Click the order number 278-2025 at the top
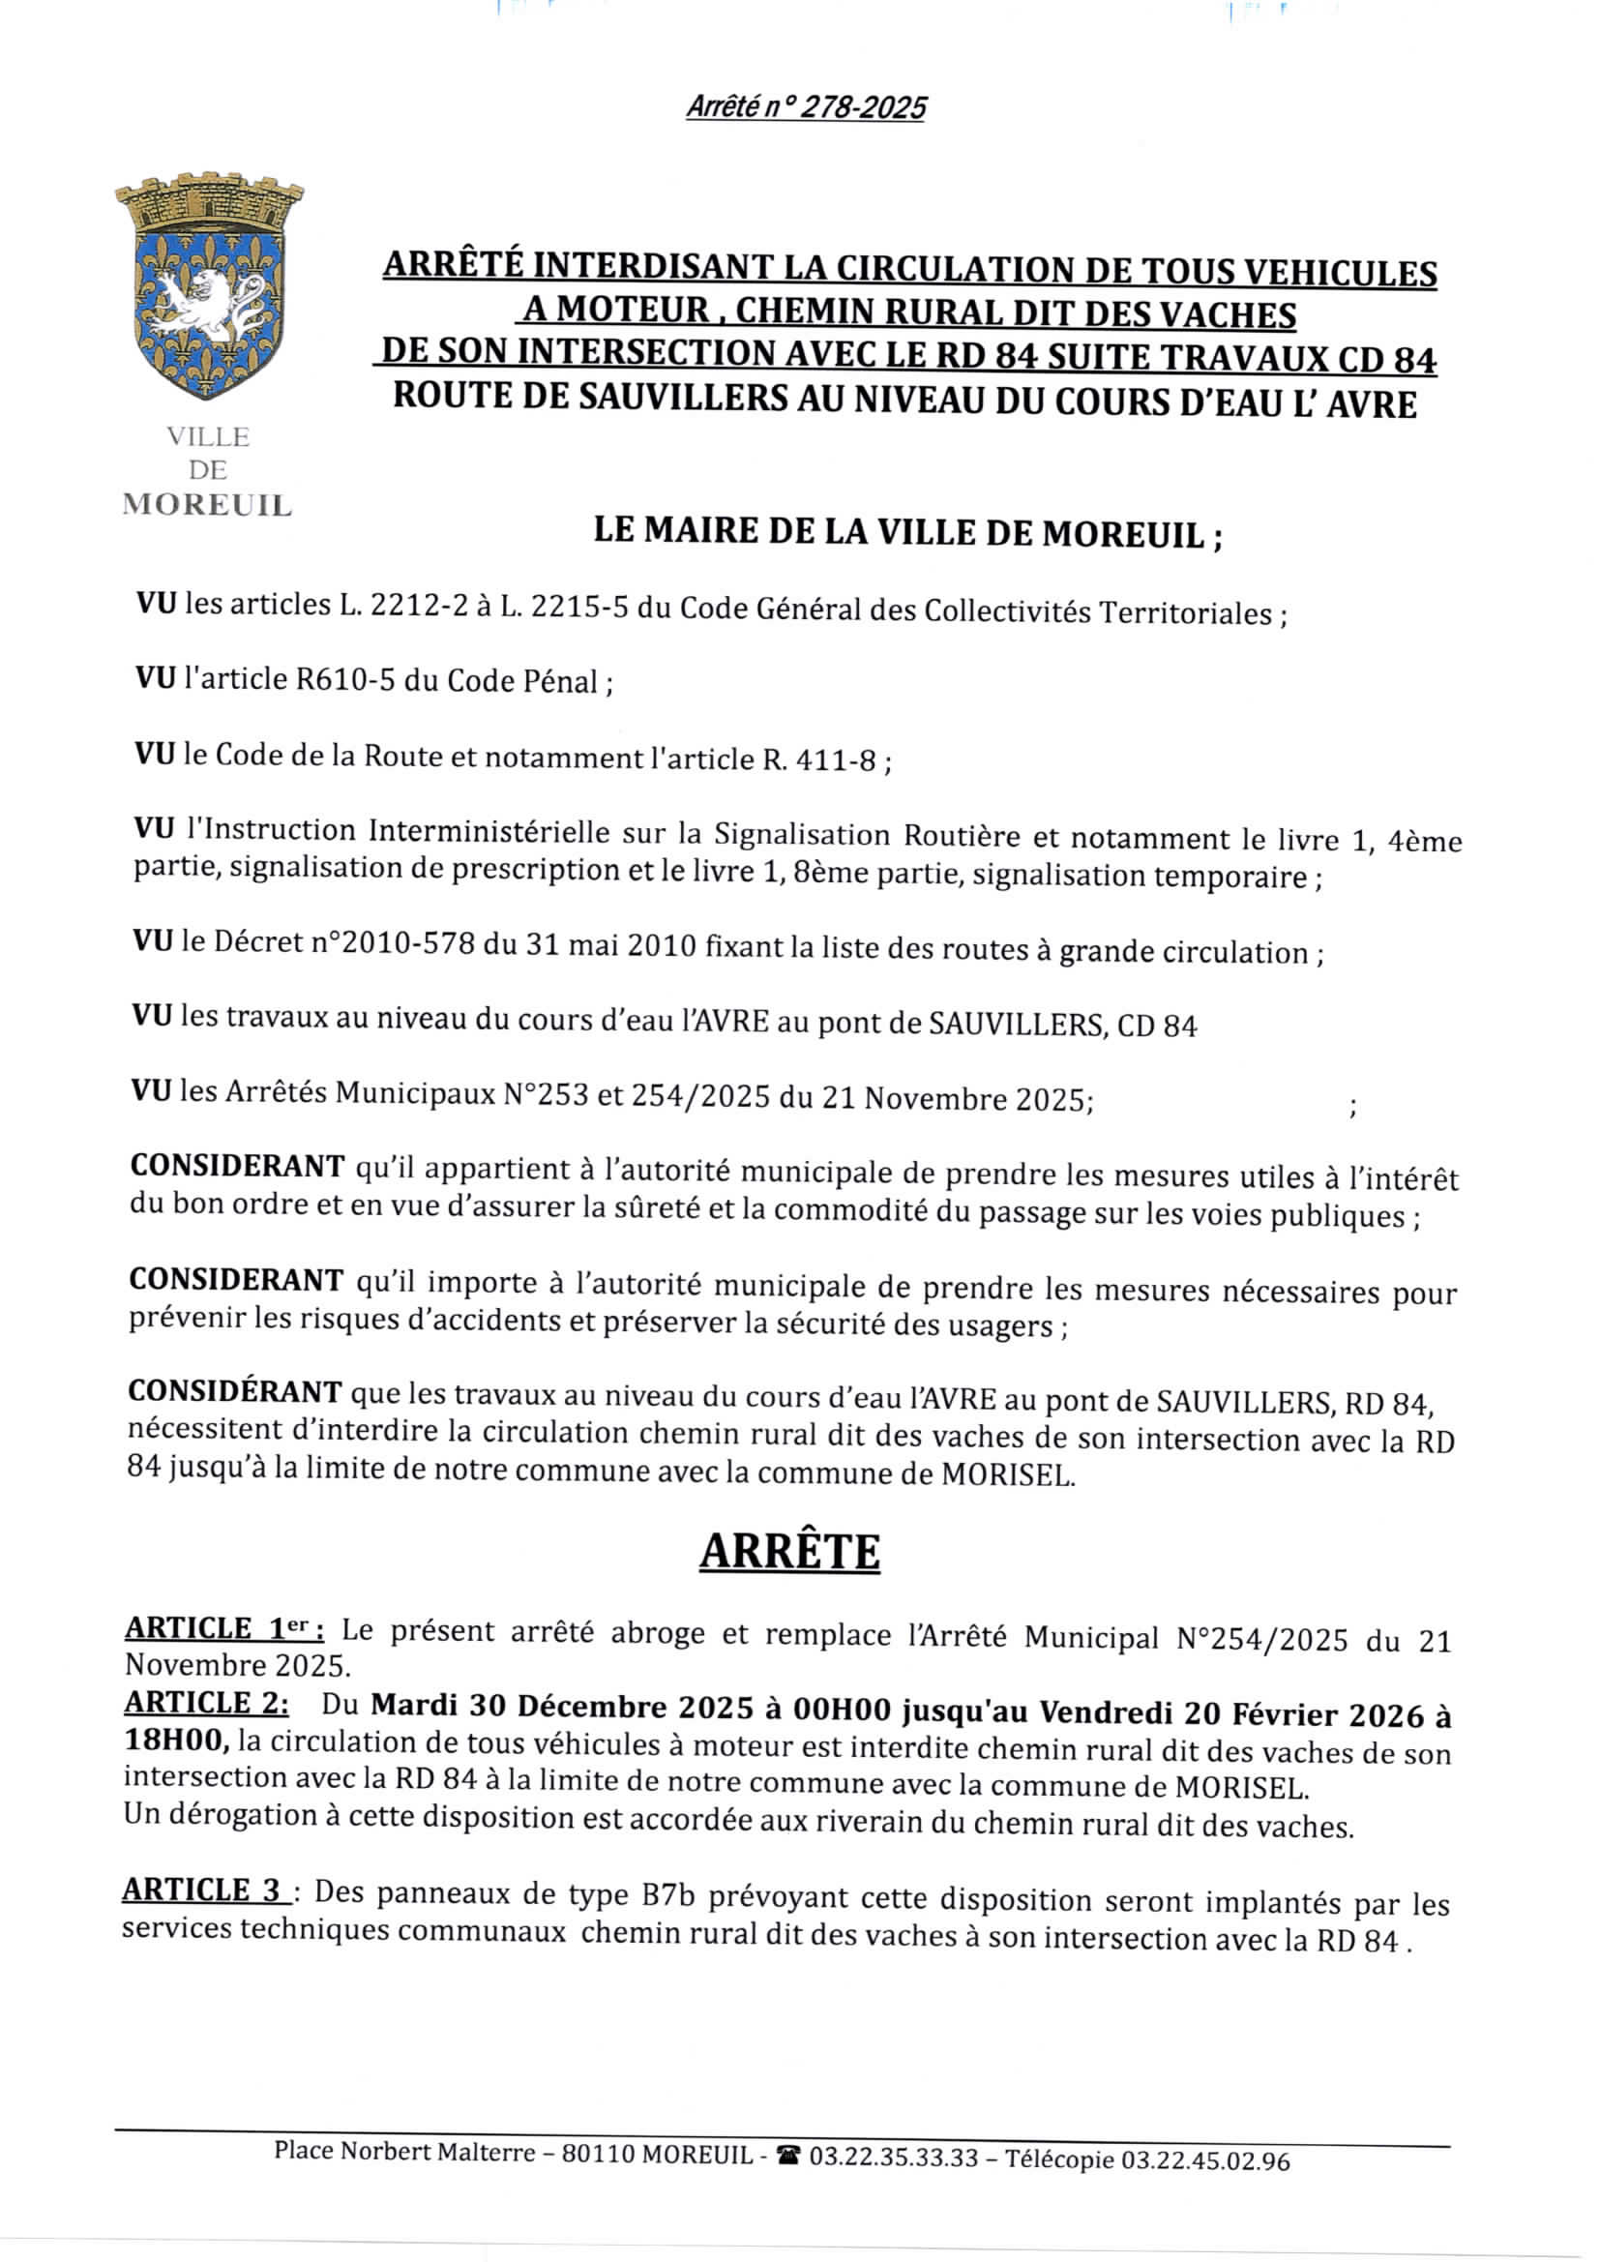tap(862, 106)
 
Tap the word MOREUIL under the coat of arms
tap(207, 505)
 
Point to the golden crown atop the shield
tap(209, 202)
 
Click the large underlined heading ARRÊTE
tap(789, 1553)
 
